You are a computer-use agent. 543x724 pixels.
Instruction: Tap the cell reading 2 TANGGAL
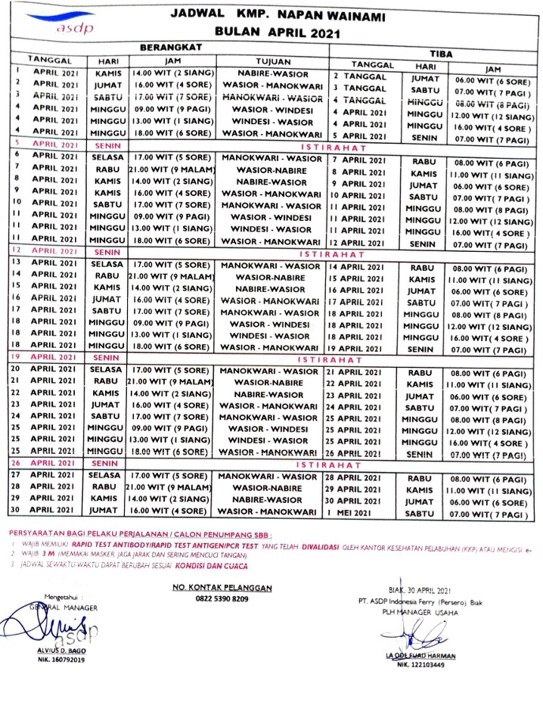point(361,77)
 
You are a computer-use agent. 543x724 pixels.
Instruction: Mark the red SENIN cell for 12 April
point(107,250)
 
